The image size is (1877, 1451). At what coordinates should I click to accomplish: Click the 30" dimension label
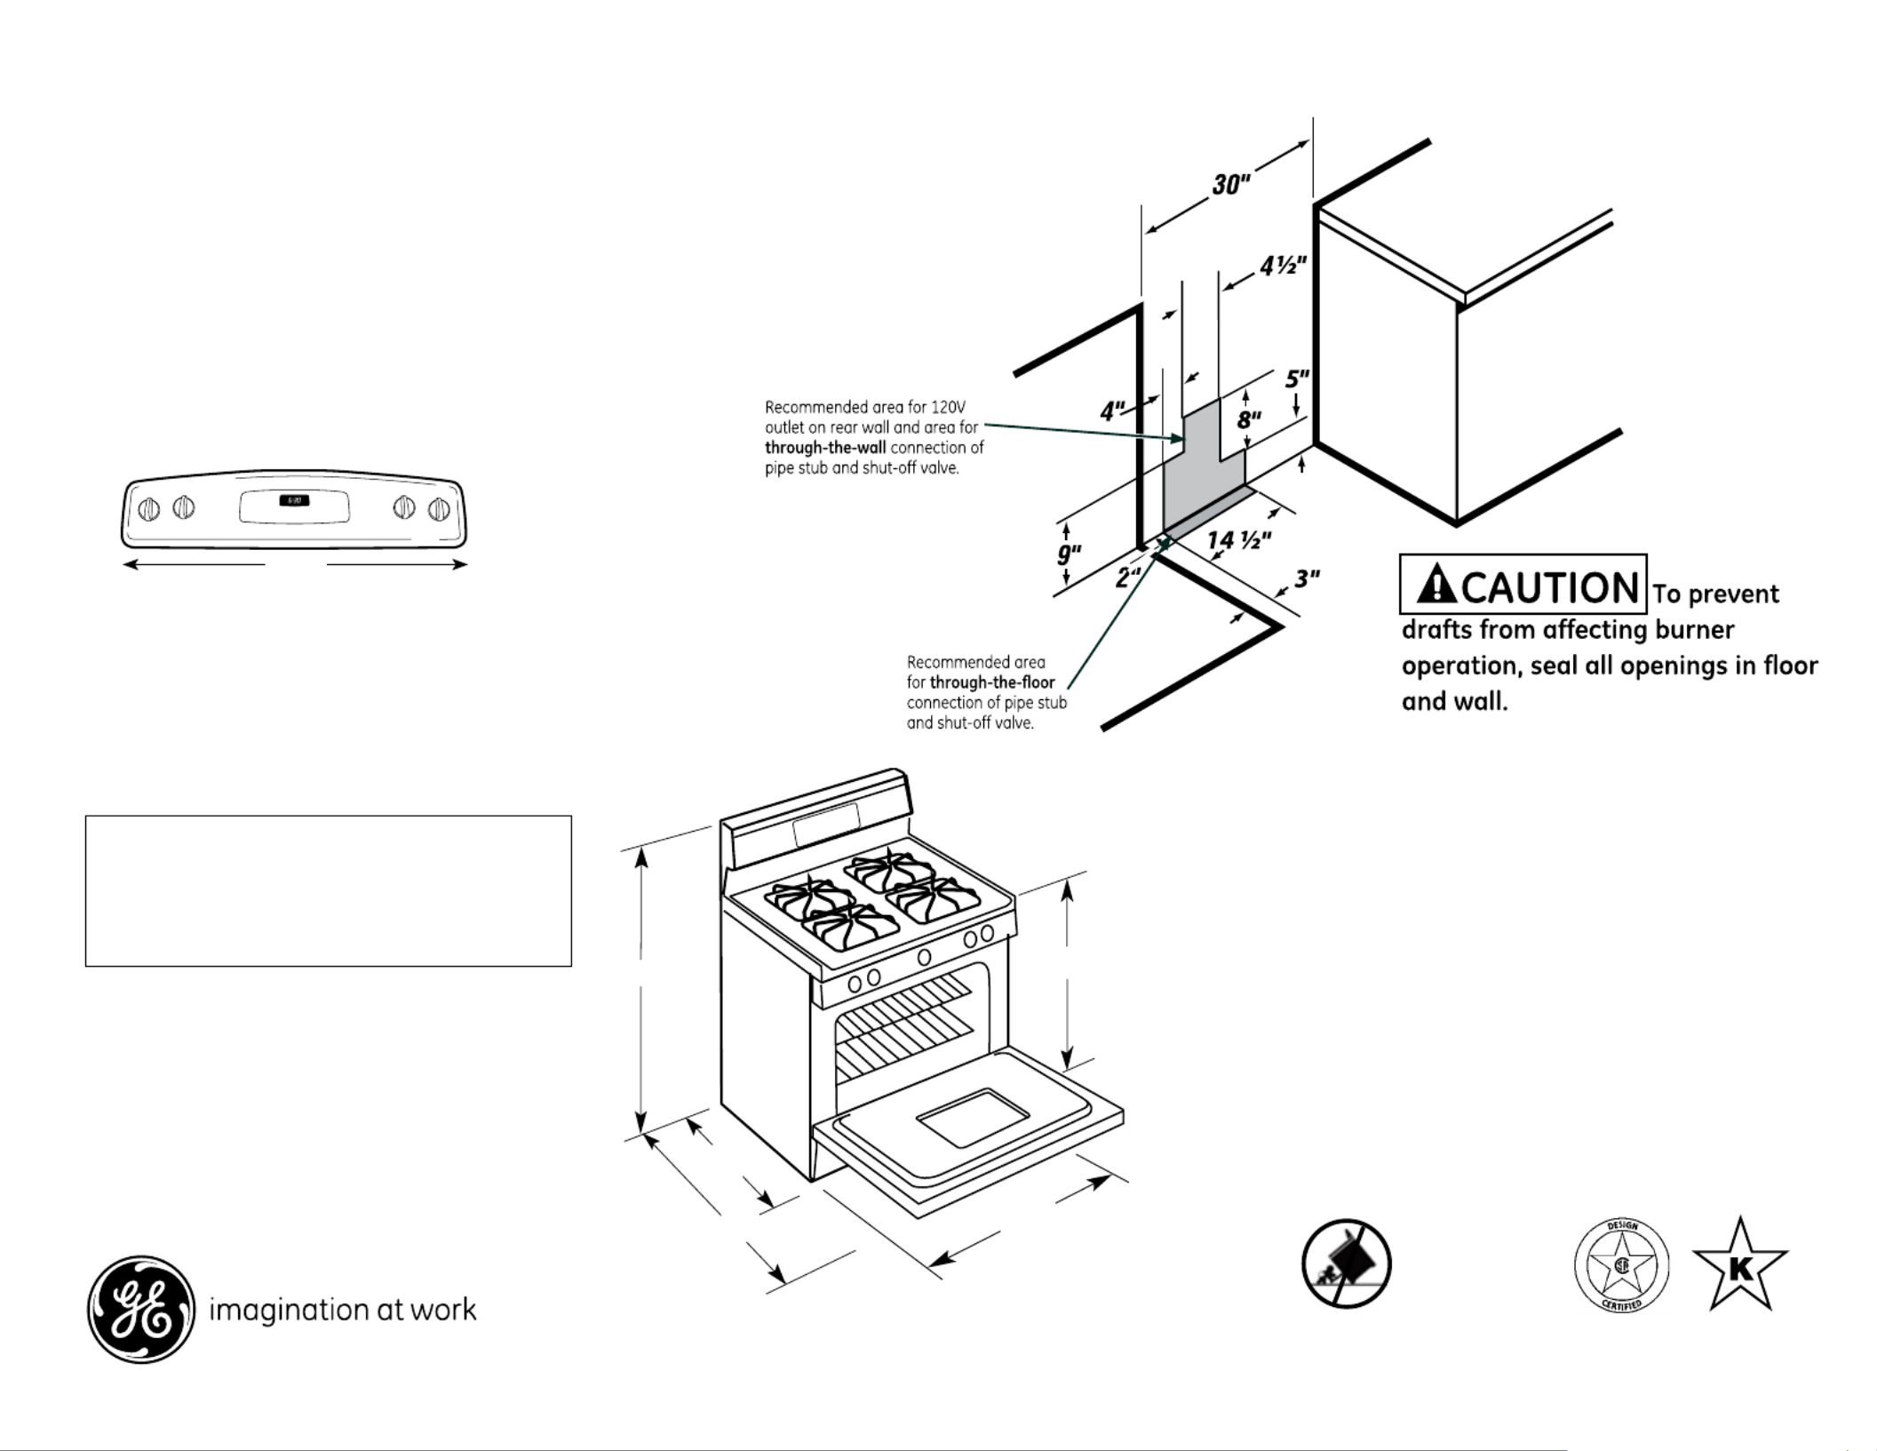[x=1231, y=185]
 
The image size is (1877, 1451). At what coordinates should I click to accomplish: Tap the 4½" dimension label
[x=1283, y=266]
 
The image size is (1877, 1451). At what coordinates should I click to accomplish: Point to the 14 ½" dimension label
[x=1238, y=539]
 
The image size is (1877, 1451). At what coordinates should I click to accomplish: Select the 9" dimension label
[x=1068, y=554]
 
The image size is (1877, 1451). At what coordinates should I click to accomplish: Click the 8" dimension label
[x=1250, y=419]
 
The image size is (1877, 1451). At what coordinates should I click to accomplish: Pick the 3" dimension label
[x=1306, y=579]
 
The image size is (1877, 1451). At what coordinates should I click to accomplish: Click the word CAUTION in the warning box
[x=1550, y=586]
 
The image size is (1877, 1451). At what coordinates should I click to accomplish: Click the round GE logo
[x=140, y=1309]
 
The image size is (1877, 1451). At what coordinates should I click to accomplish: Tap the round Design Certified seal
[x=1621, y=1265]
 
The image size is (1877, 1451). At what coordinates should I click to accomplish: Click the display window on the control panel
[x=294, y=508]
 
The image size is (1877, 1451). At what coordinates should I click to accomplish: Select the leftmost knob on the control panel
[x=149, y=509]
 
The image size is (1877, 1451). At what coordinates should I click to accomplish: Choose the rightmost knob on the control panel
[x=439, y=509]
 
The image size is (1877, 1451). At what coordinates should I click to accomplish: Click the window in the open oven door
[x=972, y=1115]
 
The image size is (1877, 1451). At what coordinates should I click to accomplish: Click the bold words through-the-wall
[x=825, y=448]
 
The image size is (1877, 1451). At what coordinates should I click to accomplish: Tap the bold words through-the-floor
[x=992, y=682]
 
